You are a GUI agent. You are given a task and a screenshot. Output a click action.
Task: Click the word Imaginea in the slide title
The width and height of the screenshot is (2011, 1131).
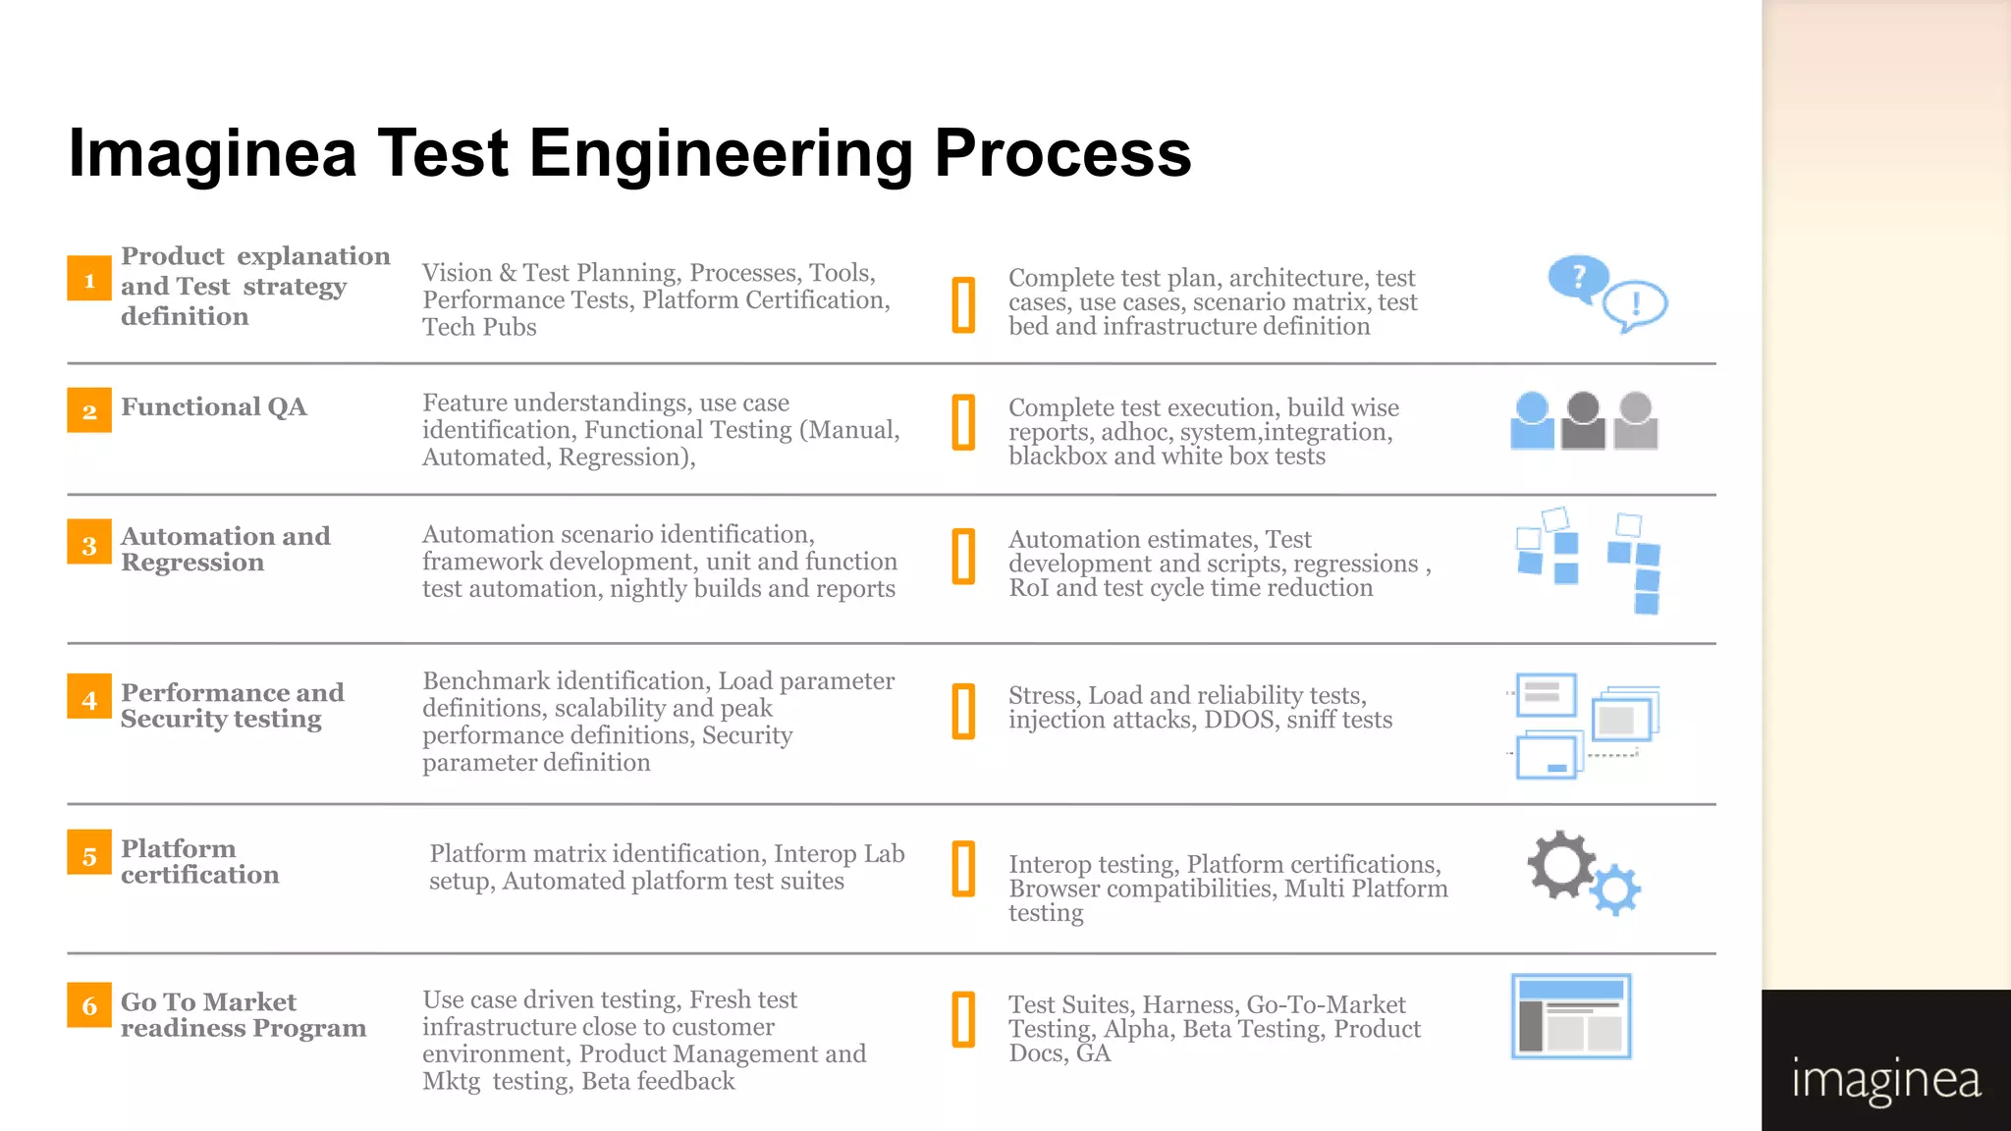(x=212, y=153)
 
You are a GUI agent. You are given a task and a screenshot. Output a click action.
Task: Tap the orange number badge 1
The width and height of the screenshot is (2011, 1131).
(x=89, y=279)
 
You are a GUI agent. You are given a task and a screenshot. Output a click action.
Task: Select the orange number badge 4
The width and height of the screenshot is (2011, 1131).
(x=89, y=698)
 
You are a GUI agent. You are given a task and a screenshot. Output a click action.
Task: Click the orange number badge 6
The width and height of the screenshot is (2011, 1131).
(x=89, y=1004)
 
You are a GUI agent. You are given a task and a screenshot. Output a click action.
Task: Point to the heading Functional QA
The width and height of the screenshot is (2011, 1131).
(x=214, y=406)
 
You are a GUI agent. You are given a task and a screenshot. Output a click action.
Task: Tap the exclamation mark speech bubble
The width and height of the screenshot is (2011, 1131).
(x=1635, y=304)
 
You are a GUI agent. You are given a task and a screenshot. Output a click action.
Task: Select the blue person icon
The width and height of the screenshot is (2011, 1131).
(x=1532, y=421)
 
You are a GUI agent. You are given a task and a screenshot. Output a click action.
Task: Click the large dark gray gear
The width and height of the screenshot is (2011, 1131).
(x=1559, y=865)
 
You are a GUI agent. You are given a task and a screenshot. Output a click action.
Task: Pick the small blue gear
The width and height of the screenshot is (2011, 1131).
(x=1615, y=890)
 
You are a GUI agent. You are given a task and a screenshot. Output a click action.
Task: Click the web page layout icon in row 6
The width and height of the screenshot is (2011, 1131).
(x=1571, y=1016)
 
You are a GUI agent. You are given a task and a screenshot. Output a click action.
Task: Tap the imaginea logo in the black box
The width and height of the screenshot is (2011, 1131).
(x=1885, y=1080)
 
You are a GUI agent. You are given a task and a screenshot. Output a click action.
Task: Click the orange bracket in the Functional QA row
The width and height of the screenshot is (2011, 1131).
(x=964, y=422)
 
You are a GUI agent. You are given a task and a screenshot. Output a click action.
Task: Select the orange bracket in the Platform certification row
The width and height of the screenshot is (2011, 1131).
(x=964, y=869)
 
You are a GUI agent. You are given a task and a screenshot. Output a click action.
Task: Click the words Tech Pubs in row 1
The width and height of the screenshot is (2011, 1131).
(x=479, y=327)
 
